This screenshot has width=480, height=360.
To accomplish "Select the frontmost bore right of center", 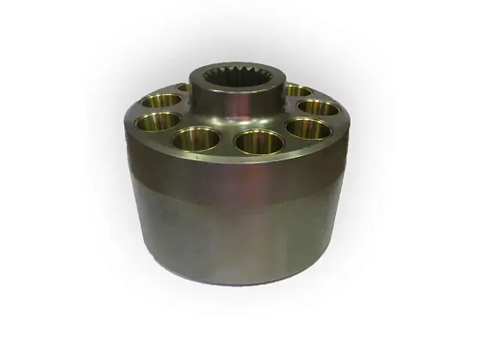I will [260, 140].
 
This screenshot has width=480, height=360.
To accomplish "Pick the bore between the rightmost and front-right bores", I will [309, 129].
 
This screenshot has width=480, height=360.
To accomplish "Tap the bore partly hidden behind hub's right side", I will [297, 90].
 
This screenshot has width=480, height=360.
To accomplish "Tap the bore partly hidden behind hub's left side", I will [183, 87].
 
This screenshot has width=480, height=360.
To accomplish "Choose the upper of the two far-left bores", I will [161, 99].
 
